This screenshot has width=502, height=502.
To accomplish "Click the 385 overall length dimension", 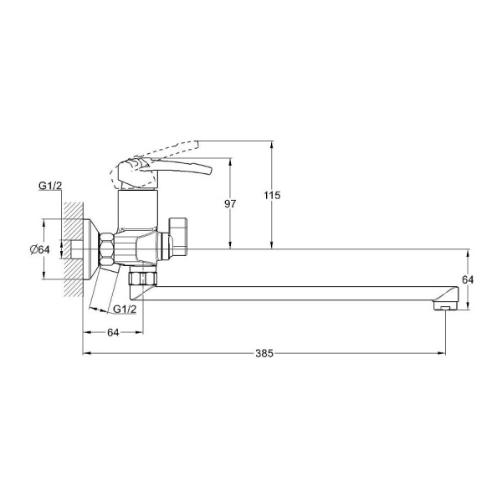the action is coord(264,353).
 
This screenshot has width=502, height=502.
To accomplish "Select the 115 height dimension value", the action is coord(272,195).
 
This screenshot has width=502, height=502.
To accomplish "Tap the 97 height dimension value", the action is coord(230,203).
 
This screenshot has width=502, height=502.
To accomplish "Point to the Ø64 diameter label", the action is coord(40,249).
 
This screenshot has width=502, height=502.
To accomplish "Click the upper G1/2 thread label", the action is coord(50,186).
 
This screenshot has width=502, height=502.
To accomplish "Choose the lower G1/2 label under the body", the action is coord(125,309).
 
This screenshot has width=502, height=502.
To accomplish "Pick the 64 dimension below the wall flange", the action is coord(113,333).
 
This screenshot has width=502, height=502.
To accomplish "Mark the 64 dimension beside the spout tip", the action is coord(468,279).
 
